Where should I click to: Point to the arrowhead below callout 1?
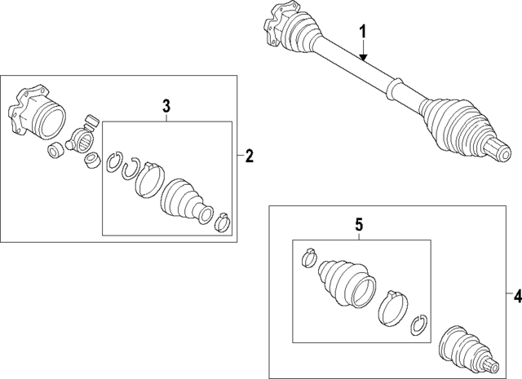coord(365,59)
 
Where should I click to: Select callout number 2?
coord(250,156)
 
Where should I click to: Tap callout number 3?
coord(166,104)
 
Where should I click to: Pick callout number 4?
coord(512,293)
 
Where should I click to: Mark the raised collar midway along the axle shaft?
coord(395,85)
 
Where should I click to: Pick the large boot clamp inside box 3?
coord(148,178)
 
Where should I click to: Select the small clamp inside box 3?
coord(222,220)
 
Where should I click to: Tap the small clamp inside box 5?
coord(308,257)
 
